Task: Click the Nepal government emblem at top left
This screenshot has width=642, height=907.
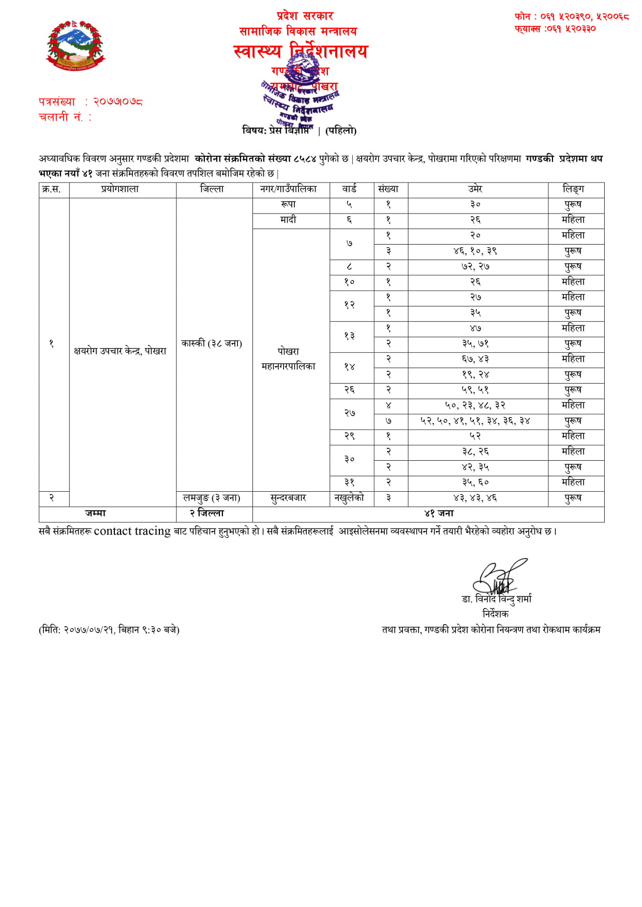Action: tap(76, 46)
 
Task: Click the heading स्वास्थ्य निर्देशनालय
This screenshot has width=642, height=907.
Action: tap(301, 51)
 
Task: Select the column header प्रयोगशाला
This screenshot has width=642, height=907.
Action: tap(120, 189)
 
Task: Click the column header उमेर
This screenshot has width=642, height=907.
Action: tap(475, 189)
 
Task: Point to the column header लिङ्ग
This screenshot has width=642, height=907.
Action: tap(573, 189)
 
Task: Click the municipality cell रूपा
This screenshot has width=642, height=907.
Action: tap(288, 205)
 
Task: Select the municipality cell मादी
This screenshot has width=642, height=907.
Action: tap(288, 220)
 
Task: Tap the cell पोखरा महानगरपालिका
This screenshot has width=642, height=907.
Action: tap(288, 358)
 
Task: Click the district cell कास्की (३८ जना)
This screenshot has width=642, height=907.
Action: tap(212, 343)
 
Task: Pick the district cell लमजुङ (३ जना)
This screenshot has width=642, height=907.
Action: tap(212, 498)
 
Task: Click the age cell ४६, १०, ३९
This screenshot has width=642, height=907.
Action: tap(475, 251)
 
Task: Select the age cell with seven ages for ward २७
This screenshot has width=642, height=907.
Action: tap(475, 421)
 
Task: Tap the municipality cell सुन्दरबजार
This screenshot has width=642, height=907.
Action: tap(288, 498)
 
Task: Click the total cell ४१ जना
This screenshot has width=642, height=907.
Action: tap(439, 513)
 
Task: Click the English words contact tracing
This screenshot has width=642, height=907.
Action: tap(132, 531)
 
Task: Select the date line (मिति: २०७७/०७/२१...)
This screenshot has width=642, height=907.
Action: tap(109, 630)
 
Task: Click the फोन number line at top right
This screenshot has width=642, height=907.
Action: tap(572, 17)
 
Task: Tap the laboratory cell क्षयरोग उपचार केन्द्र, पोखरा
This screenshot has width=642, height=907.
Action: tap(120, 351)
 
